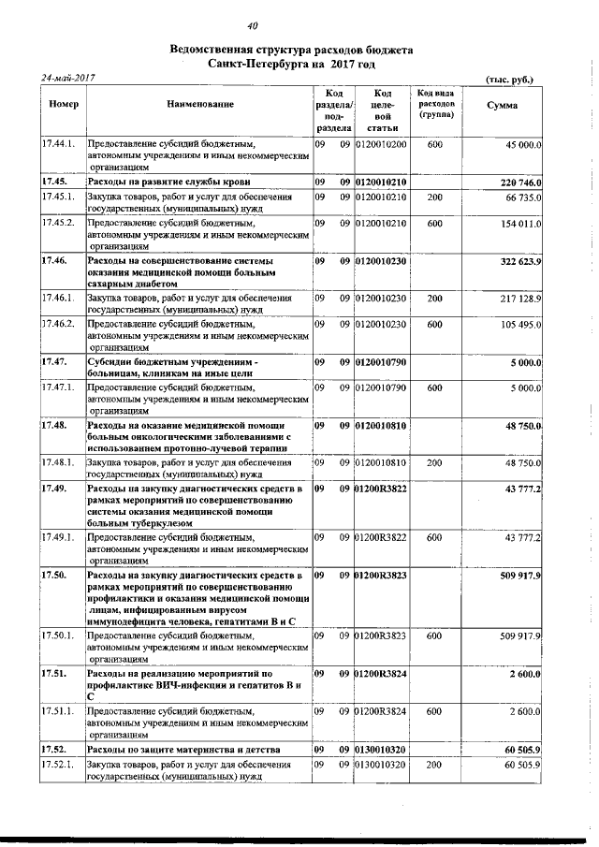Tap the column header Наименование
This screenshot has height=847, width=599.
click(x=200, y=105)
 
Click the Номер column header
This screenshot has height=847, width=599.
click(x=62, y=105)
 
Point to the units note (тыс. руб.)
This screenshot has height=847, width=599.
click(x=510, y=80)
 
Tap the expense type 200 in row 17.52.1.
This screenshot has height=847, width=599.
click(x=435, y=766)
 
